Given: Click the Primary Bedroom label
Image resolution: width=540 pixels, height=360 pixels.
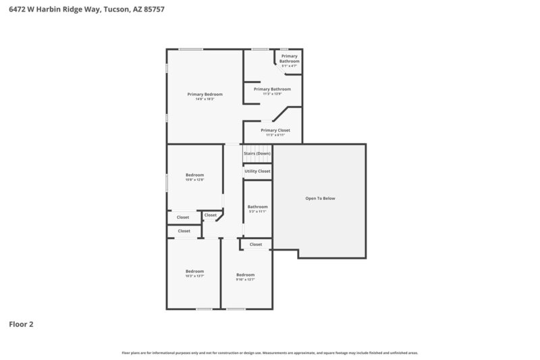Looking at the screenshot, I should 205,94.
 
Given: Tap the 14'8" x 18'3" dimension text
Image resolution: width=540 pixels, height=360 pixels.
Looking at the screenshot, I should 205,99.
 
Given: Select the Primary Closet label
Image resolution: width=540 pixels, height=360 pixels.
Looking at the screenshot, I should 275,130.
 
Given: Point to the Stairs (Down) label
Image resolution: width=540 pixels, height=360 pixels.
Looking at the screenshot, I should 257,153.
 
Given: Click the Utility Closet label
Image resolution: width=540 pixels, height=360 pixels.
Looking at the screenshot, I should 257,171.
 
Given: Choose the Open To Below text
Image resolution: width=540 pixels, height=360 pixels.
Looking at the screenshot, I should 320,199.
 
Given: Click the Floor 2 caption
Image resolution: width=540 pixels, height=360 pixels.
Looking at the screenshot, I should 21,324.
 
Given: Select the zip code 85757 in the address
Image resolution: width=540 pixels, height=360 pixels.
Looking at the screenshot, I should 154,10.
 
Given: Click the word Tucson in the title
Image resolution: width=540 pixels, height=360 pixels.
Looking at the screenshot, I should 117,10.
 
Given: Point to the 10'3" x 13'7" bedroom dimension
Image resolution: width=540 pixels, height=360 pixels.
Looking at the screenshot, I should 194,276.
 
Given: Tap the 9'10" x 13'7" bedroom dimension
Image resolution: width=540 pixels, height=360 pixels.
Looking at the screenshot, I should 245,280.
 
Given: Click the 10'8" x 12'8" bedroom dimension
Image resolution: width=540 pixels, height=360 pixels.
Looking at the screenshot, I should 194,180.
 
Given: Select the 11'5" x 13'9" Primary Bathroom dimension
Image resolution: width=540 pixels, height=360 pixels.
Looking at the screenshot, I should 272,94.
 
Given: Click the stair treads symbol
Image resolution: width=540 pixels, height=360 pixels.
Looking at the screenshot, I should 257,148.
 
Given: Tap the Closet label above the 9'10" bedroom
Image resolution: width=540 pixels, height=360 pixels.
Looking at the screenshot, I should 256,245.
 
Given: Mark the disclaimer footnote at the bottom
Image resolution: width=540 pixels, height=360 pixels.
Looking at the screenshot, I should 269,353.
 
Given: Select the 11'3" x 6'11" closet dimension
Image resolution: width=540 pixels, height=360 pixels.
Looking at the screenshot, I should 275,135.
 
